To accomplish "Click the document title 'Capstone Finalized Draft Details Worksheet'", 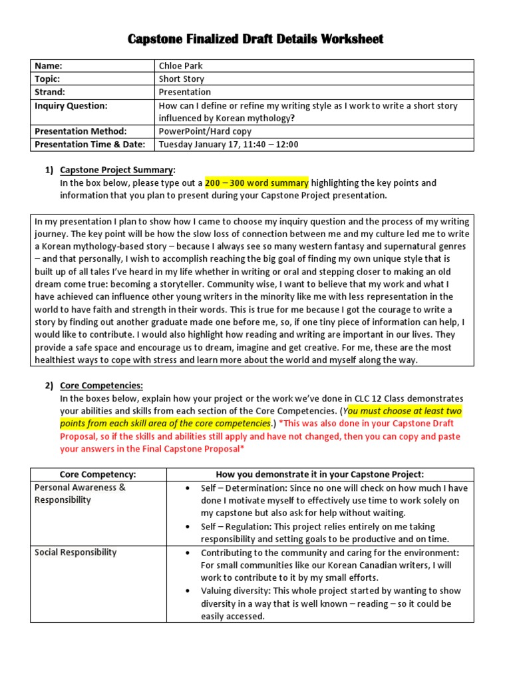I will (255, 39).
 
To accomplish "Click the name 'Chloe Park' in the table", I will (180, 66).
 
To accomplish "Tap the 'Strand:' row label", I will (50, 92).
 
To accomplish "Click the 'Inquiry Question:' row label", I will (71, 105).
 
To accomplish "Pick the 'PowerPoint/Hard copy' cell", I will (205, 131).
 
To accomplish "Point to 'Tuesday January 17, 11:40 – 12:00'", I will (228, 144).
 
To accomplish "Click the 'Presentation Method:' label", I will (80, 131).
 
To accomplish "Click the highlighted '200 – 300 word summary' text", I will (256, 182).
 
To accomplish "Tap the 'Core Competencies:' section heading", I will (101, 386).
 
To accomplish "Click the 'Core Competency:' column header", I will (98, 474).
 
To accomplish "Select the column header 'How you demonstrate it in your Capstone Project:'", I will (319, 474).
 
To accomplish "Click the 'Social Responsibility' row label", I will (75, 552).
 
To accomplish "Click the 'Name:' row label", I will (48, 66).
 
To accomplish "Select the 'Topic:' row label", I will (48, 79).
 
